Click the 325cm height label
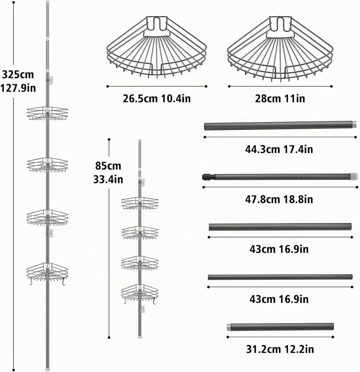click(x=18, y=74)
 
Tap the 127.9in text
click(x=18, y=88)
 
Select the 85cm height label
click(x=108, y=166)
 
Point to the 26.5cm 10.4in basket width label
click(x=157, y=98)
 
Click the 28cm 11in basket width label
click(x=280, y=98)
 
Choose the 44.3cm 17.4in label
click(x=279, y=149)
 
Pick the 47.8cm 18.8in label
click(x=279, y=199)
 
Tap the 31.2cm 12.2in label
click(x=280, y=349)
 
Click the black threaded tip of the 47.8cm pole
click(x=208, y=177)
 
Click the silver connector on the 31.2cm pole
click(x=229, y=327)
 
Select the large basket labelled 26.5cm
click(x=157, y=47)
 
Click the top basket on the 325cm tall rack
click(x=47, y=113)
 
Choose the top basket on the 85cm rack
click(x=140, y=203)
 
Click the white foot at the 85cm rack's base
click(x=140, y=336)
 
